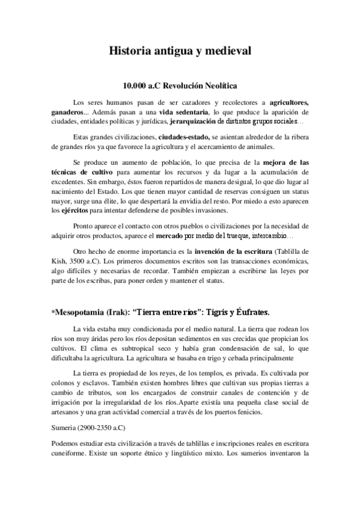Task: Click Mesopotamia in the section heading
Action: [x=81, y=313]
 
